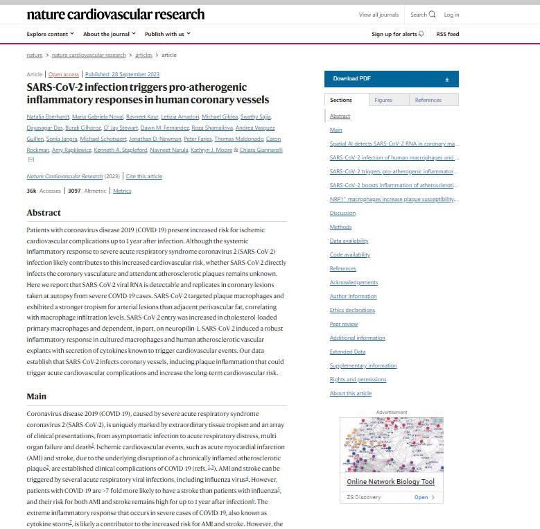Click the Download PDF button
391,79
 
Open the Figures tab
383,100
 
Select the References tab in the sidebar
428,100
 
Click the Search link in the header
423,15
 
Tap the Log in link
451,15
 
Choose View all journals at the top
378,15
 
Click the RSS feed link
447,34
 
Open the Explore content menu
50,34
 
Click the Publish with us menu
167,34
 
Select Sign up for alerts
398,34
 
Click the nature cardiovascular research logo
115,14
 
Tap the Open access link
63,74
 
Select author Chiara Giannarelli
261,150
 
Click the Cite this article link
144,176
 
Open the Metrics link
122,190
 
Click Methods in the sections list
340,227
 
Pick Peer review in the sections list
344,324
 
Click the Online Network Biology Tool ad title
390,482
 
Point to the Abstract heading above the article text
44,212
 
